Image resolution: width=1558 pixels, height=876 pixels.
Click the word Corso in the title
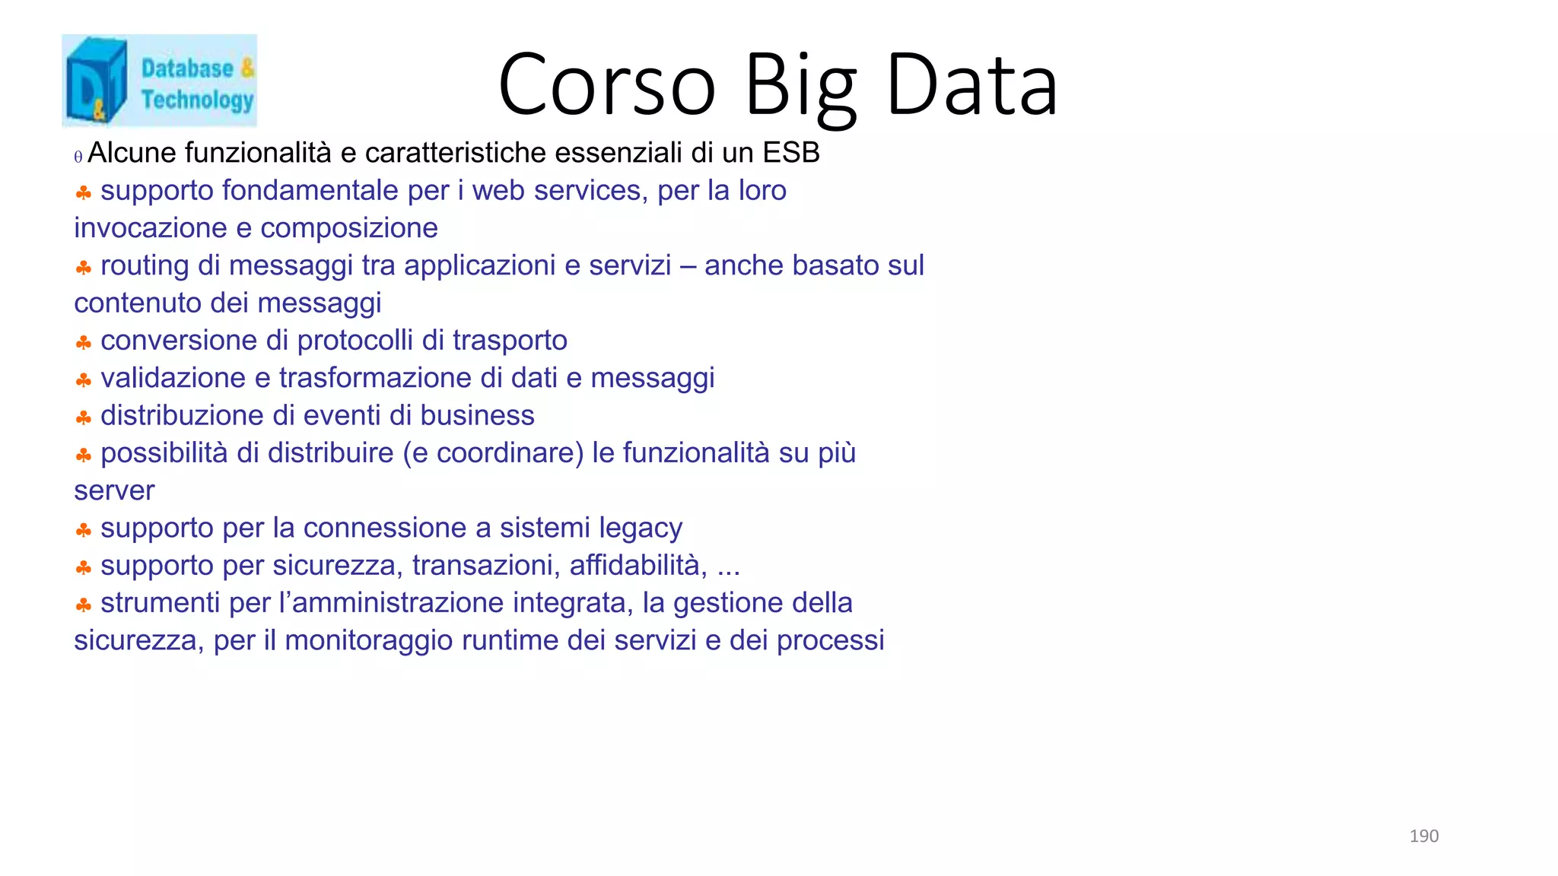click(x=607, y=85)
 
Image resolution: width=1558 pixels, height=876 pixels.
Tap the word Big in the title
click(x=800, y=85)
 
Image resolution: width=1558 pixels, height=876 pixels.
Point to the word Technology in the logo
click(x=197, y=100)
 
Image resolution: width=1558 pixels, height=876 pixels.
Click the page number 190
click(x=1423, y=836)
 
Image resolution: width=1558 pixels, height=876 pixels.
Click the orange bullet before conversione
click(x=84, y=343)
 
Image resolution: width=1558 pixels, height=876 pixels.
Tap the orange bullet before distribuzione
click(x=84, y=417)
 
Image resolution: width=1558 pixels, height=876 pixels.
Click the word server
click(x=114, y=490)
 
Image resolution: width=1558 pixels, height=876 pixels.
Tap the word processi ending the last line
click(x=830, y=640)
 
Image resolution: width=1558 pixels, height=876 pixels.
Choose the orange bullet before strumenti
click(x=84, y=605)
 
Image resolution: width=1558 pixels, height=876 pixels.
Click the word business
click(x=477, y=416)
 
